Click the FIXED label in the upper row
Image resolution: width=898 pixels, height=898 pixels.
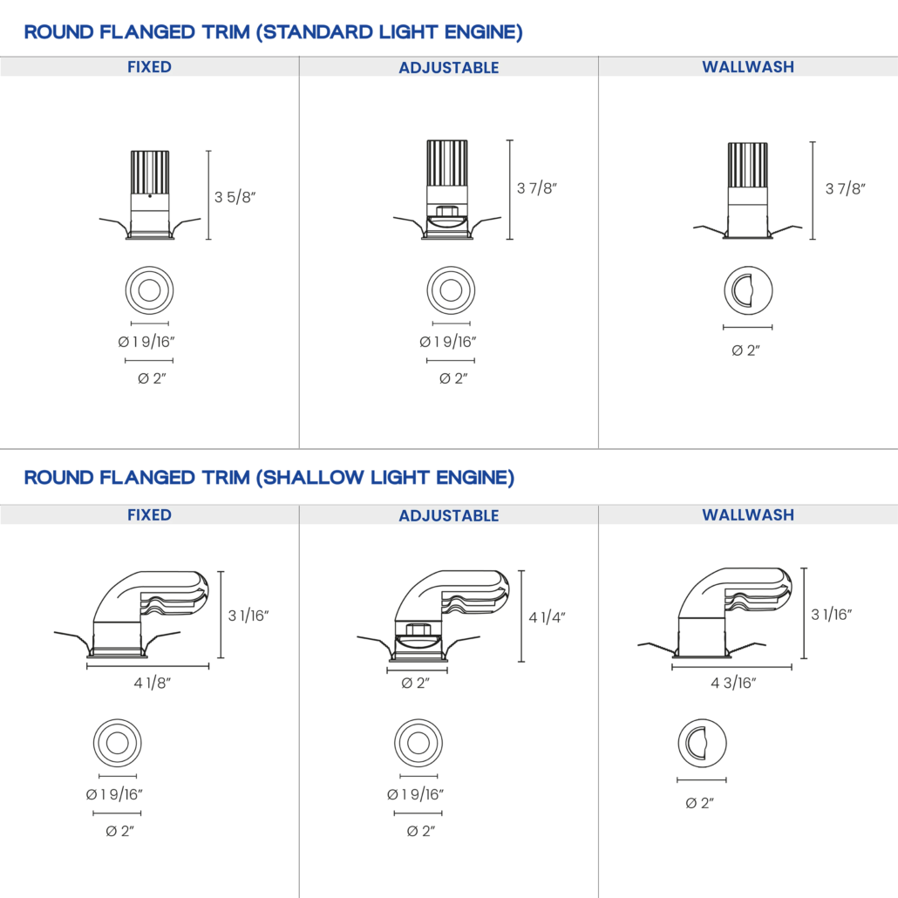[149, 67]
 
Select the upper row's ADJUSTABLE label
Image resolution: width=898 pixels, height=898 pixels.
[449, 68]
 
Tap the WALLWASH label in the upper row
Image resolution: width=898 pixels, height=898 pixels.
[748, 67]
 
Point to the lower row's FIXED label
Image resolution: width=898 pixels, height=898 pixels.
[149, 515]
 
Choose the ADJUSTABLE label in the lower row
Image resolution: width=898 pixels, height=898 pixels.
[449, 516]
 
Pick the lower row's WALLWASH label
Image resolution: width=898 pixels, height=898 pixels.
[748, 515]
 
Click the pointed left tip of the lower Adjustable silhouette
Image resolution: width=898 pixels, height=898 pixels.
[360, 638]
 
